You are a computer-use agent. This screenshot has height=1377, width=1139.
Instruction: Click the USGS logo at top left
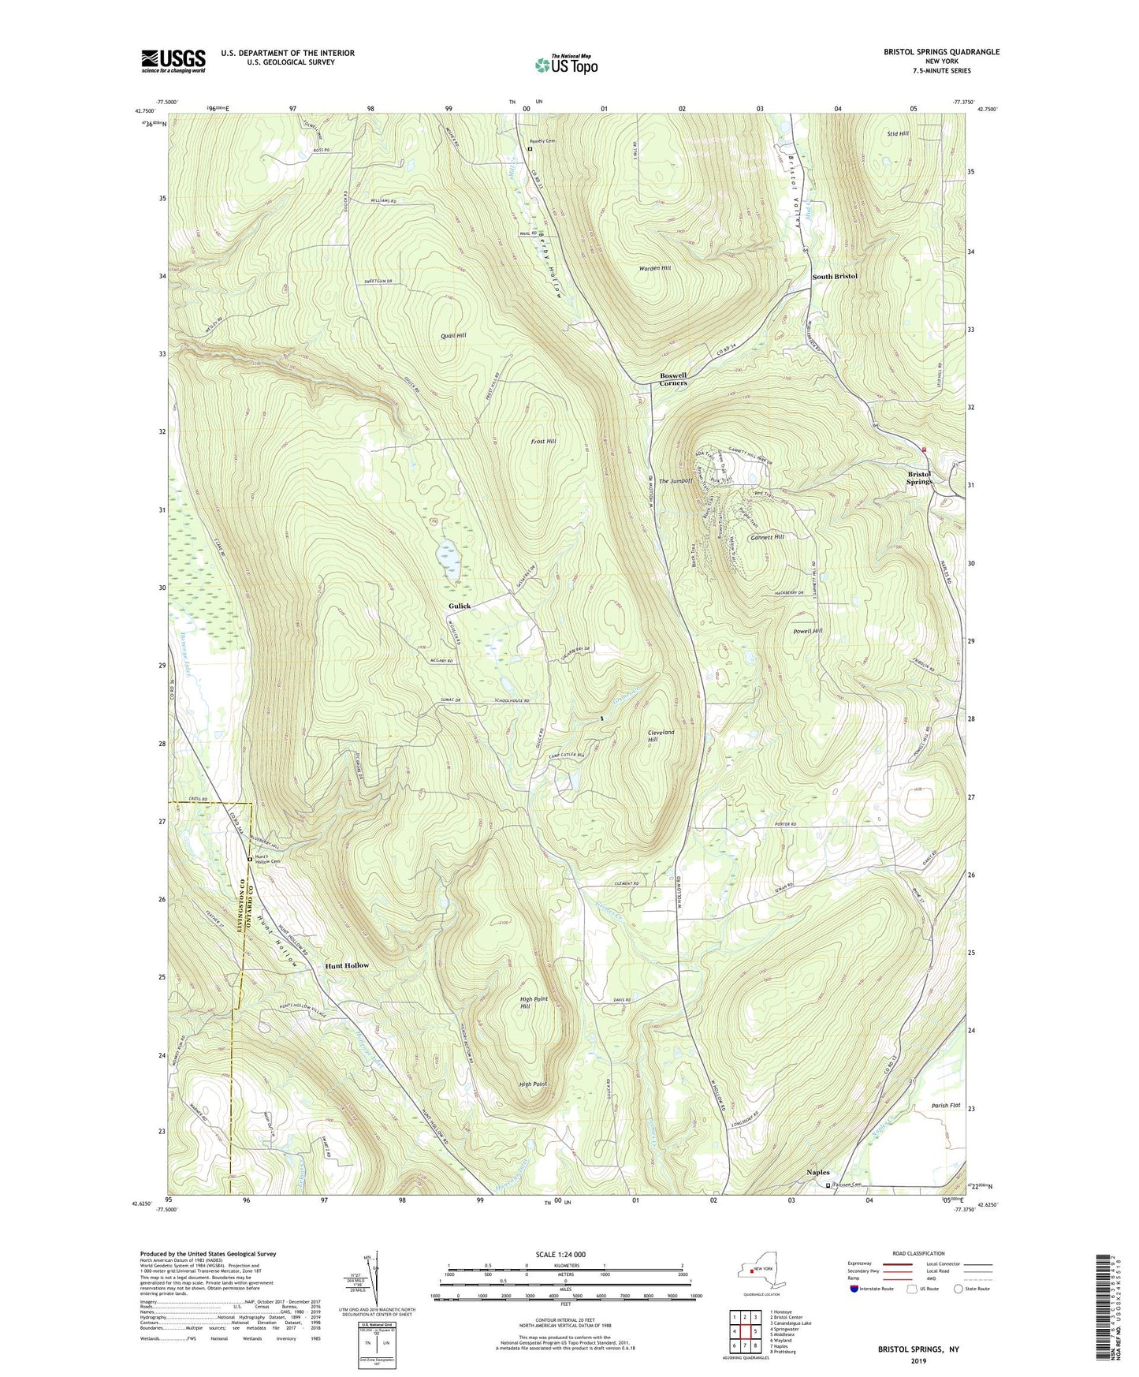pyautogui.click(x=173, y=60)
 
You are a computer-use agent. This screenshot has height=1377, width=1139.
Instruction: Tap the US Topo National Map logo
pyautogui.click(x=565, y=64)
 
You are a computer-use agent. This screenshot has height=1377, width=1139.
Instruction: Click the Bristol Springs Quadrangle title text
pyautogui.click(x=941, y=52)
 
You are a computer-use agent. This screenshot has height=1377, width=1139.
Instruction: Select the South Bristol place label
pyautogui.click(x=835, y=277)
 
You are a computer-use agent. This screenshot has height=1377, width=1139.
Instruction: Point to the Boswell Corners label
pyautogui.click(x=673, y=379)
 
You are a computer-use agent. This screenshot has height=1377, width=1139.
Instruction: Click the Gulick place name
pyautogui.click(x=460, y=606)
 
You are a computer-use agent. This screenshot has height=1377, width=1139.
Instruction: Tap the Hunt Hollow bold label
pyautogui.click(x=347, y=965)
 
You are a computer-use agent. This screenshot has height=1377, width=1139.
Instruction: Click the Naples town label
pyautogui.click(x=818, y=1172)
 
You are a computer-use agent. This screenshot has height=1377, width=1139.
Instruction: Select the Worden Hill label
pyautogui.click(x=654, y=268)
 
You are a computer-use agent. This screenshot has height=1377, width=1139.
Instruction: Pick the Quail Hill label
pyautogui.click(x=453, y=335)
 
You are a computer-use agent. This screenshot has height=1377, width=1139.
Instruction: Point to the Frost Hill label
pyautogui.click(x=543, y=441)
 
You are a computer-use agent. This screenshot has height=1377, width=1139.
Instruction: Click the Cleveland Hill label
pyautogui.click(x=661, y=736)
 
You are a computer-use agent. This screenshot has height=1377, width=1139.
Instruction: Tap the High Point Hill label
pyautogui.click(x=534, y=1002)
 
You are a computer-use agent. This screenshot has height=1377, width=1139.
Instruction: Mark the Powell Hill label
pyautogui.click(x=807, y=631)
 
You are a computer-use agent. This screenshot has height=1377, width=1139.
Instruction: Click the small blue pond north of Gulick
pyautogui.click(x=449, y=552)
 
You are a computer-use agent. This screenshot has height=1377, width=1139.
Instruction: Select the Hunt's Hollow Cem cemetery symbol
pyautogui.click(x=250, y=859)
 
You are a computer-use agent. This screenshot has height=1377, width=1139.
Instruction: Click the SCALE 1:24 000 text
pyautogui.click(x=564, y=1255)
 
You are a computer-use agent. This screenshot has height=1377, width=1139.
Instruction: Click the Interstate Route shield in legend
pyautogui.click(x=854, y=1289)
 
